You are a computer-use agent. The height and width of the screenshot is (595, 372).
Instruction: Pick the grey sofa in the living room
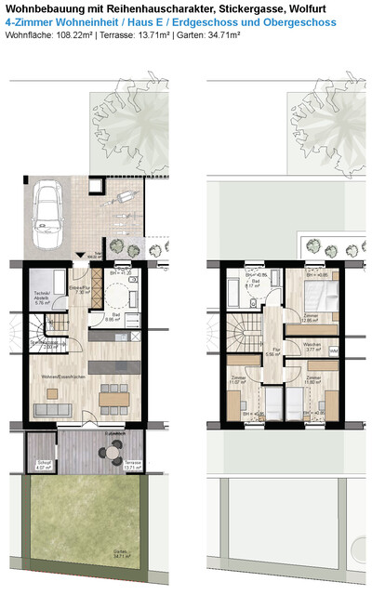52,409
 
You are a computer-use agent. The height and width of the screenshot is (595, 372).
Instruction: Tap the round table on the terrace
112,454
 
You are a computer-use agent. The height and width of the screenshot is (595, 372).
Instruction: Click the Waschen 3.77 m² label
312,348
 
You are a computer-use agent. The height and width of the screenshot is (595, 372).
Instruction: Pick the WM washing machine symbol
333,351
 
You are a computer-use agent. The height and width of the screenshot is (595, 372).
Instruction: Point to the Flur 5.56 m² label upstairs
273,353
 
